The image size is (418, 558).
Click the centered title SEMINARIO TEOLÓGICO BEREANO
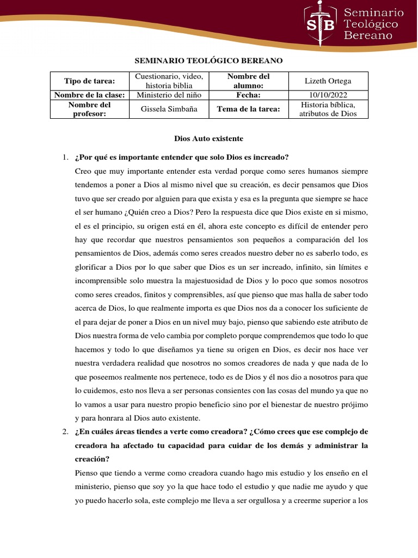(209, 60)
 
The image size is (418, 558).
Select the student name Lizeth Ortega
(328, 81)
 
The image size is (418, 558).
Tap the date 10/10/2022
(328, 95)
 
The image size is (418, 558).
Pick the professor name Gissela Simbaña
(169, 109)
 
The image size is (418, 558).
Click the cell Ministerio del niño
(169, 95)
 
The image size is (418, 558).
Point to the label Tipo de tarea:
(89, 81)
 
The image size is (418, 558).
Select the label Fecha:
(248, 95)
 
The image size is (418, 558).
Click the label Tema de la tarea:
(248, 109)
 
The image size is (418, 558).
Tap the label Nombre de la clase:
(89, 95)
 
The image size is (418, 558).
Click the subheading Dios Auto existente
(208, 139)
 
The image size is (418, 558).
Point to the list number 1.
(65, 157)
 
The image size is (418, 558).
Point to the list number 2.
(65, 432)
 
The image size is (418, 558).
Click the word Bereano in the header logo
(368, 35)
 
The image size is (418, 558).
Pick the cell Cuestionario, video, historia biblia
(169, 81)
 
